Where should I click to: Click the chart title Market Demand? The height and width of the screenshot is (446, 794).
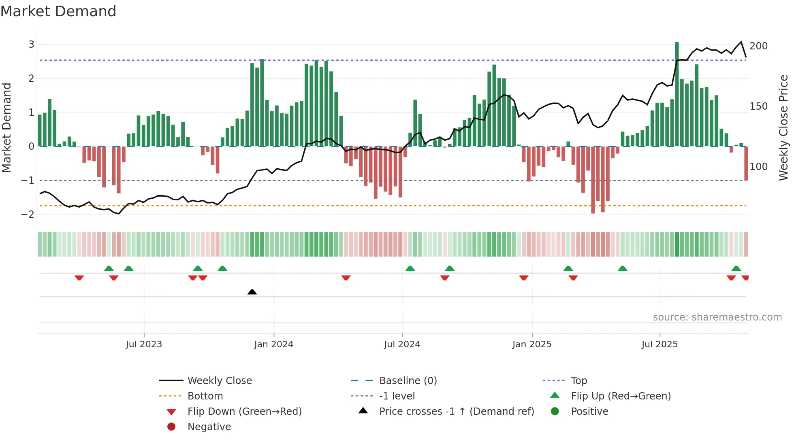click(x=58, y=11)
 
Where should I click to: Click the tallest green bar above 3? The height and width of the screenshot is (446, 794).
click(x=677, y=93)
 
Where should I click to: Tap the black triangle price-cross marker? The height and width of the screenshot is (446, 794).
click(x=252, y=292)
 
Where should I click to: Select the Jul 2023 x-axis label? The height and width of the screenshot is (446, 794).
click(x=144, y=344)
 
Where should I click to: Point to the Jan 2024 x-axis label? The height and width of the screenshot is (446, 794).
click(x=273, y=344)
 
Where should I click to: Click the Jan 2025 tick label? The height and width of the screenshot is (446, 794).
click(x=531, y=344)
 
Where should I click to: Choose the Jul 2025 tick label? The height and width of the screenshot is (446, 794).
click(x=660, y=344)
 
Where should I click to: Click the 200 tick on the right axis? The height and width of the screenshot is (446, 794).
click(x=758, y=46)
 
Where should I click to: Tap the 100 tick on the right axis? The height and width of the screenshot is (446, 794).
click(x=758, y=167)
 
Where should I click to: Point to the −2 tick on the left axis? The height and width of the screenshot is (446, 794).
click(x=28, y=214)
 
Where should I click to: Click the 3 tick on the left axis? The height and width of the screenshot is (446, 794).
click(x=31, y=45)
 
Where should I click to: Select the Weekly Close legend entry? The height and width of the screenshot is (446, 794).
click(x=219, y=381)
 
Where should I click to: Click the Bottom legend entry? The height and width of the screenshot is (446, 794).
click(x=205, y=396)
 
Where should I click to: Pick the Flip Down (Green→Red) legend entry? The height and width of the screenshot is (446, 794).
click(x=244, y=412)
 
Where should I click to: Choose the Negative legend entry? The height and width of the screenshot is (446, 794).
click(x=209, y=427)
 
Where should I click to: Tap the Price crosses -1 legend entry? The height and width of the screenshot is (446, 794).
click(x=456, y=412)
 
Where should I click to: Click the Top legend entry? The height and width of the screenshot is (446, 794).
click(x=579, y=381)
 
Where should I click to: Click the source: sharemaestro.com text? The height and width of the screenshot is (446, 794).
click(x=717, y=317)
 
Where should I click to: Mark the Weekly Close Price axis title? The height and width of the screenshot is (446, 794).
click(x=783, y=127)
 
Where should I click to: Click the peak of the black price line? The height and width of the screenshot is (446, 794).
click(x=741, y=42)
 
